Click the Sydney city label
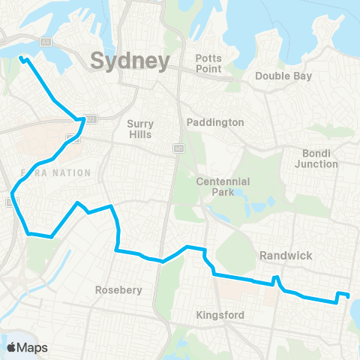(129, 61)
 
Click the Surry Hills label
(139, 129)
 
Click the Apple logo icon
(12, 347)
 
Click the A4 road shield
(46, 41)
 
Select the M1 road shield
(178, 148)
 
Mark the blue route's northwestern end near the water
(22, 58)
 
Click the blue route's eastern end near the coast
(349, 295)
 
